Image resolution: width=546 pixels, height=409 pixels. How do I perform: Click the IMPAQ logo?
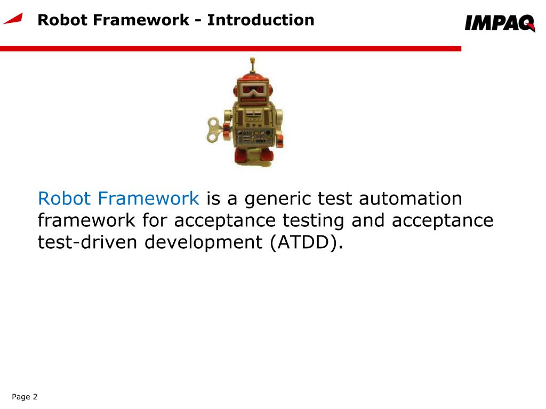pyautogui.click(x=499, y=23)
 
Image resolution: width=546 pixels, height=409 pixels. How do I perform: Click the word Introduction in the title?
pyautogui.click(x=261, y=20)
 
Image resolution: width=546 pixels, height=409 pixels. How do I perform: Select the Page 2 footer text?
pyautogui.click(x=25, y=397)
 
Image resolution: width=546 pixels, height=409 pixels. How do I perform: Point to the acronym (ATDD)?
pyautogui.click(x=304, y=242)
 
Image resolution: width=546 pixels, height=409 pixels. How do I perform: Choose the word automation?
pyautogui.click(x=410, y=199)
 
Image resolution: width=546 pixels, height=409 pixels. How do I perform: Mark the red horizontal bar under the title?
pyautogui.click(x=229, y=48)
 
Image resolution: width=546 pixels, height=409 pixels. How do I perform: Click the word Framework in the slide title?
pyautogui.click(x=140, y=20)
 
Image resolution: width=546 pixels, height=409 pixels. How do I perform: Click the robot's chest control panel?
pyautogui.click(x=254, y=133)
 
